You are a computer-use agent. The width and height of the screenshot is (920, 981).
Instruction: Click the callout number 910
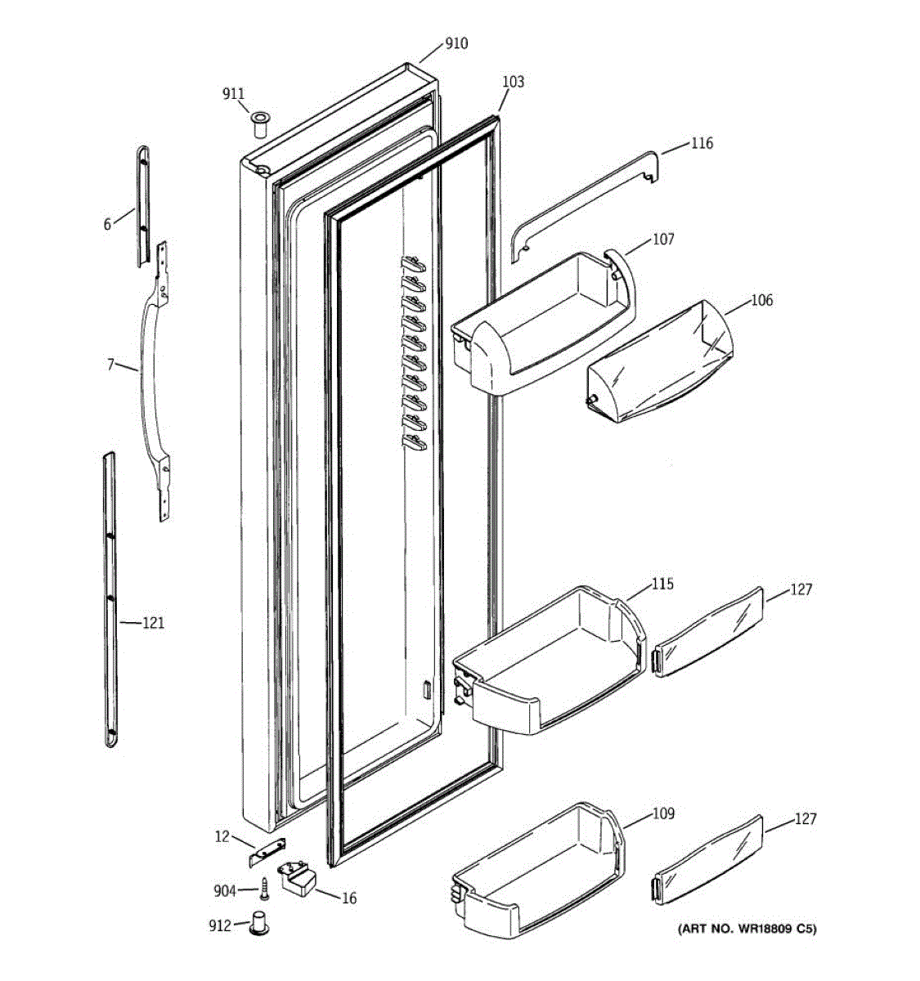[456, 43]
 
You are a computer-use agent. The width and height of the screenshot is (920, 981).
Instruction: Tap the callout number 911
[234, 95]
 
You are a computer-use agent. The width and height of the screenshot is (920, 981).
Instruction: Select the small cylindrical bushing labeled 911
[260, 126]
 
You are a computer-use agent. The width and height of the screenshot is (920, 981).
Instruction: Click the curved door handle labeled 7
[148, 376]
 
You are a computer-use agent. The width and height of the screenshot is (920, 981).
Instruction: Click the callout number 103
[513, 82]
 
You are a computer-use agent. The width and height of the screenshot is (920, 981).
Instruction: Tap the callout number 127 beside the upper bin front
[801, 589]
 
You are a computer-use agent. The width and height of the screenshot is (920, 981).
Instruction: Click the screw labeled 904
[265, 887]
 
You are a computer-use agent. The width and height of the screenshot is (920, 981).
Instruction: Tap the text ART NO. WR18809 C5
[746, 929]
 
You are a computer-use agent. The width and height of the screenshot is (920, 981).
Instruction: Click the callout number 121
[153, 623]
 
